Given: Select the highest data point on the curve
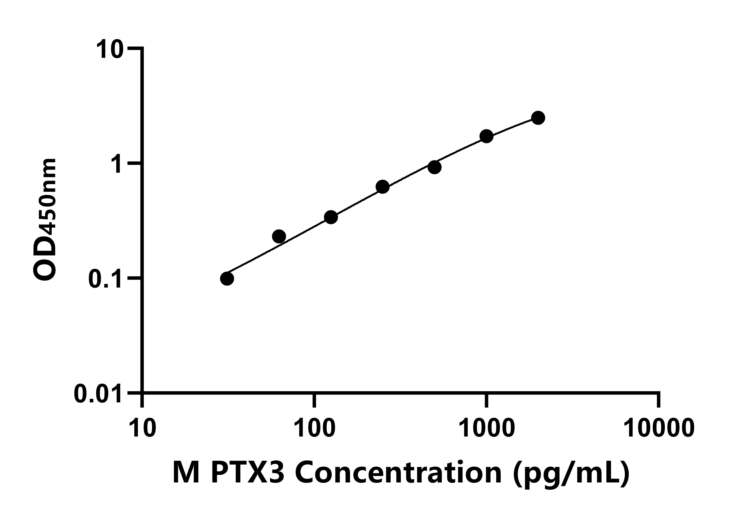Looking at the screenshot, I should [538, 118].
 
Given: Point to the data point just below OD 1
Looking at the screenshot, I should [435, 167].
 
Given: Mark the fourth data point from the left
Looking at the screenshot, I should [382, 187].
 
